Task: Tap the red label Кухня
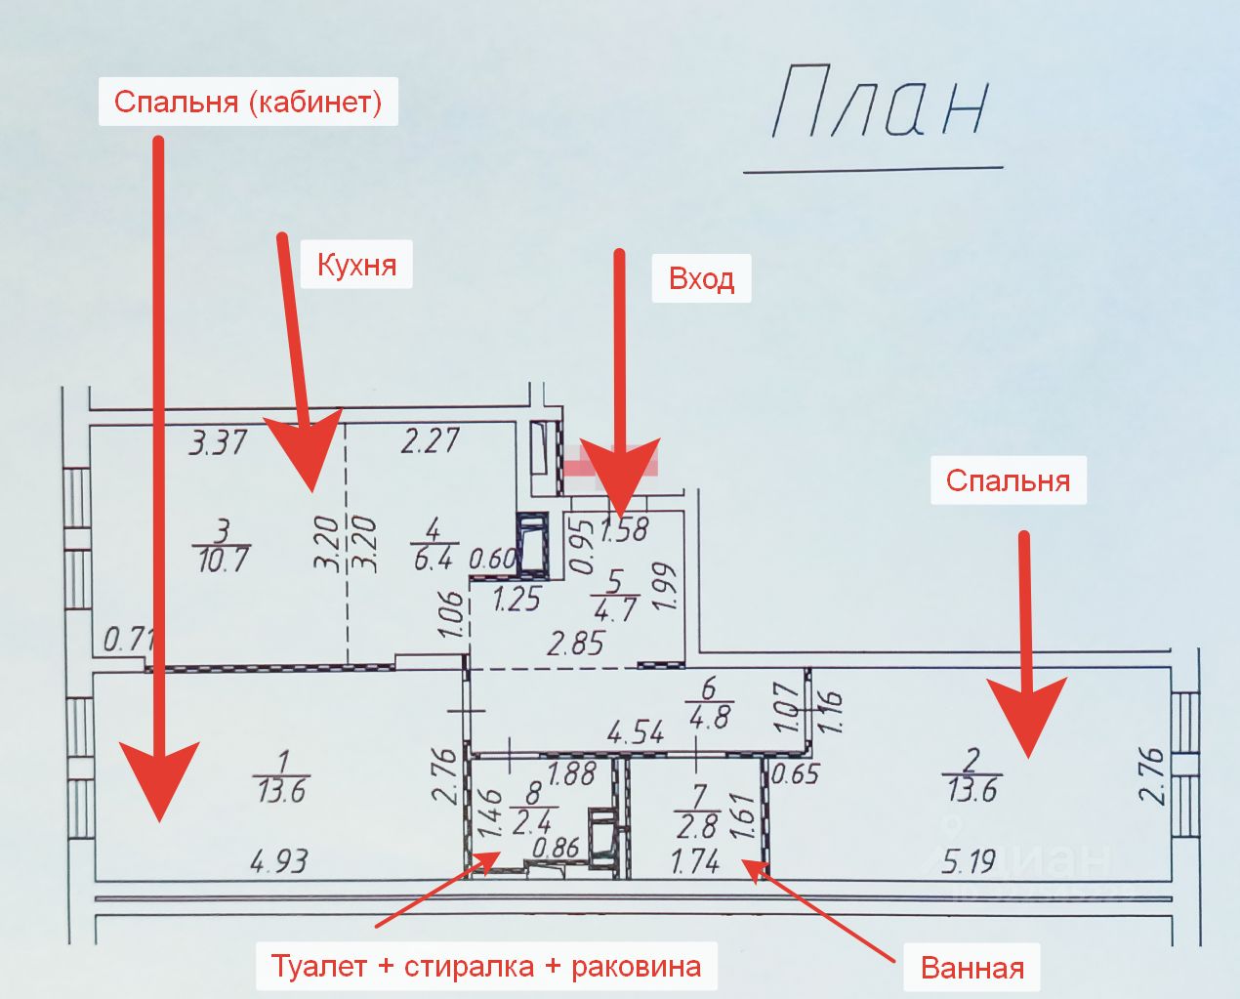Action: click(356, 265)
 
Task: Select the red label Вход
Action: click(701, 279)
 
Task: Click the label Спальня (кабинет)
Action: click(248, 102)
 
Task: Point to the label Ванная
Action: click(972, 968)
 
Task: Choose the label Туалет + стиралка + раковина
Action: click(486, 966)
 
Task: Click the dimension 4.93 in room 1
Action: click(279, 860)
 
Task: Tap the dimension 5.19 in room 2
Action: click(970, 860)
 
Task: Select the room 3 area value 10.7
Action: click(223, 561)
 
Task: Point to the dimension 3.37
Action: click(219, 443)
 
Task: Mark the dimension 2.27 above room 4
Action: click(430, 440)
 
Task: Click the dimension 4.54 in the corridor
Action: click(636, 731)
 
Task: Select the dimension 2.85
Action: click(576, 643)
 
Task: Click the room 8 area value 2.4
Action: click(532, 821)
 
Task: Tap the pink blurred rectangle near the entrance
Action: click(609, 460)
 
